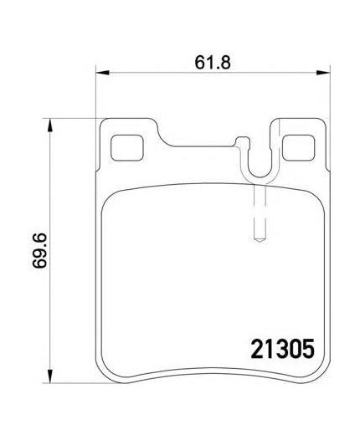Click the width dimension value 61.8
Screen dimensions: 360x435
click(213, 63)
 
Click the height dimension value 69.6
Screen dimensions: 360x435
click(39, 251)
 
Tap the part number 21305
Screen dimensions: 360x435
click(282, 349)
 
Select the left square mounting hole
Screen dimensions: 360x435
click(127, 147)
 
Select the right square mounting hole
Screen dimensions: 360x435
click(298, 147)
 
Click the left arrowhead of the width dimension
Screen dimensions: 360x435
click(102, 73)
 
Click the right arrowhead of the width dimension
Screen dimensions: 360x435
click(323, 73)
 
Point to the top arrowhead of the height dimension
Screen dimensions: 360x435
click(49, 125)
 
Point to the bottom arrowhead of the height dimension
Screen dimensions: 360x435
click(49, 376)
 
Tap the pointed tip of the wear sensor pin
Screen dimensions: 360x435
click(260, 242)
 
